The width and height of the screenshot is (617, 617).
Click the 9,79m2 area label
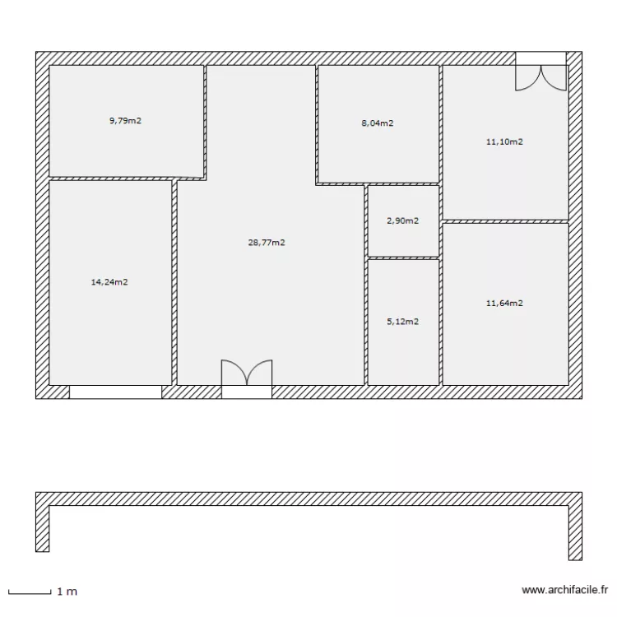point(125,121)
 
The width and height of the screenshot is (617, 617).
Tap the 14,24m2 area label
point(109,282)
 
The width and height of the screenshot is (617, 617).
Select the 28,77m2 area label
point(266,243)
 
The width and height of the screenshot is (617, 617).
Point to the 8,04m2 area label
point(377,124)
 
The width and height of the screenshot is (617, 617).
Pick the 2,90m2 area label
point(402,221)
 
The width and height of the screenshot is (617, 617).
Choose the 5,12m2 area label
point(402,322)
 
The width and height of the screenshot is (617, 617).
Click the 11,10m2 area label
point(504,141)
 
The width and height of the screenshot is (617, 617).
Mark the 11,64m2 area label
point(504,303)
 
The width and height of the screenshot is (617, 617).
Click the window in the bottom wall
point(115,392)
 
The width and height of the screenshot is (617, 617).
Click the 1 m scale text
point(67,591)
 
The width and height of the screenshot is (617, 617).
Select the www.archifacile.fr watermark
point(564,590)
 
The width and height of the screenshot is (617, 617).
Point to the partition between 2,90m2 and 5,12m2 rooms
point(402,258)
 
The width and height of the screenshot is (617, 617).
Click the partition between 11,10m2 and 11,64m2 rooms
point(505,221)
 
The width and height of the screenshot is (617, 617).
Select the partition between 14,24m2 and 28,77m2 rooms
point(174,282)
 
